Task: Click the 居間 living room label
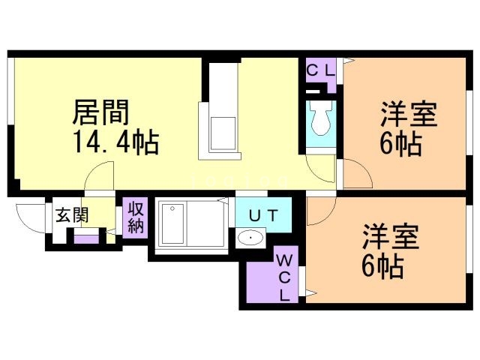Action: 100,112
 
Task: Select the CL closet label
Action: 320,70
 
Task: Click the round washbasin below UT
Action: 249,239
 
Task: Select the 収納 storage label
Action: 136,217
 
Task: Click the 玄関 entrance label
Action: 72,215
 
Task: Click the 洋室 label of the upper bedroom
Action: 408,115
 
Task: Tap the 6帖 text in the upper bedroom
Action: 399,142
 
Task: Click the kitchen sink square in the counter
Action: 223,133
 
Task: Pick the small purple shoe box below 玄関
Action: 86,239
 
